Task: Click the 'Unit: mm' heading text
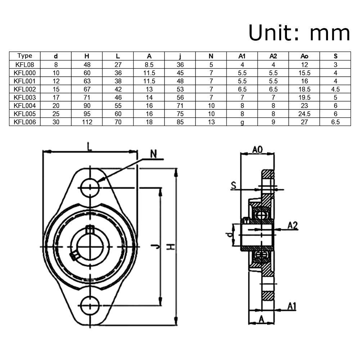pos(299,33)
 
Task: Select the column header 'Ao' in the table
pos(304,56)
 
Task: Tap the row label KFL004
pos(24,105)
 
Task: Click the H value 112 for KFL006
pos(87,122)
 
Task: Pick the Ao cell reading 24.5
pos(304,114)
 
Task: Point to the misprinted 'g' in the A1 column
pos(242,122)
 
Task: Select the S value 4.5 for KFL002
pos(335,89)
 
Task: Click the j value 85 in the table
pos(180,122)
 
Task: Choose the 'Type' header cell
pos(24,56)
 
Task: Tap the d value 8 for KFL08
pos(56,65)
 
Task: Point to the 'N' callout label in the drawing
pos(154,154)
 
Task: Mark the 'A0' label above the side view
pos(257,149)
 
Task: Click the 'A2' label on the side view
pos(293,225)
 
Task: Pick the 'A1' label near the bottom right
pos(292,306)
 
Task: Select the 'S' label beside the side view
pos(234,185)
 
